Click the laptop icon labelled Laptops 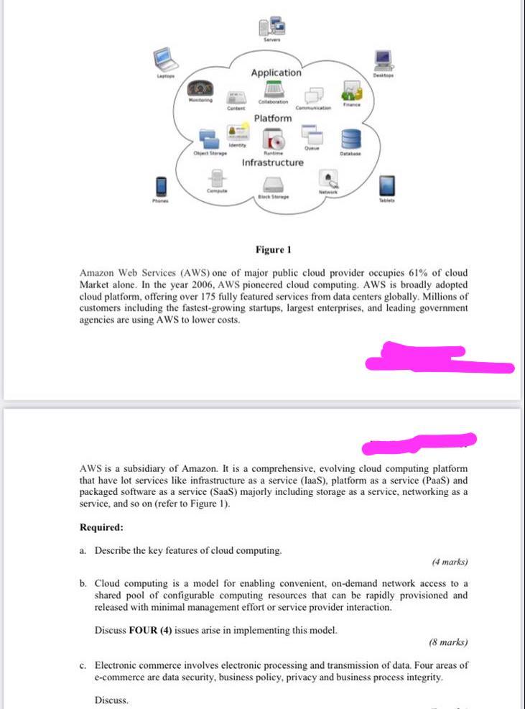pyautogui.click(x=164, y=58)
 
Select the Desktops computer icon pyautogui.click(x=383, y=59)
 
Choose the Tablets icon pyautogui.click(x=387, y=185)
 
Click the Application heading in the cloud pyautogui.click(x=277, y=73)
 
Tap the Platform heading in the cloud pyautogui.click(x=273, y=118)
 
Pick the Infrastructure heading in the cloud pyautogui.click(x=273, y=162)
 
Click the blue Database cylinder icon pyautogui.click(x=350, y=138)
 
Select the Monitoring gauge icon pyautogui.click(x=200, y=88)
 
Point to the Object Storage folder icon pyautogui.click(x=209, y=139)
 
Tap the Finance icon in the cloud pyautogui.click(x=351, y=91)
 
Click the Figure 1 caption pyautogui.click(x=273, y=250)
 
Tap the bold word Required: pyautogui.click(x=101, y=527)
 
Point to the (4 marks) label pyautogui.click(x=450, y=562)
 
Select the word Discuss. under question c pyautogui.click(x=111, y=700)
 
